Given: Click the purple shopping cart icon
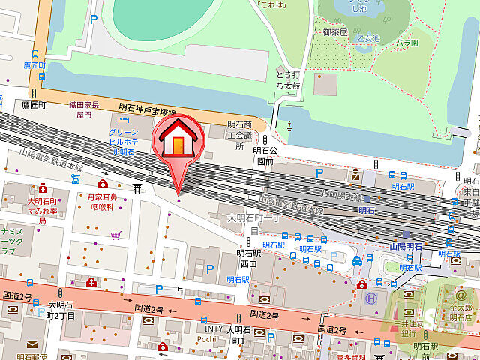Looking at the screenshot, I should pyautogui.click(x=115, y=235).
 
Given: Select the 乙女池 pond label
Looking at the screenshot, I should pyautogui.click(x=367, y=39).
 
